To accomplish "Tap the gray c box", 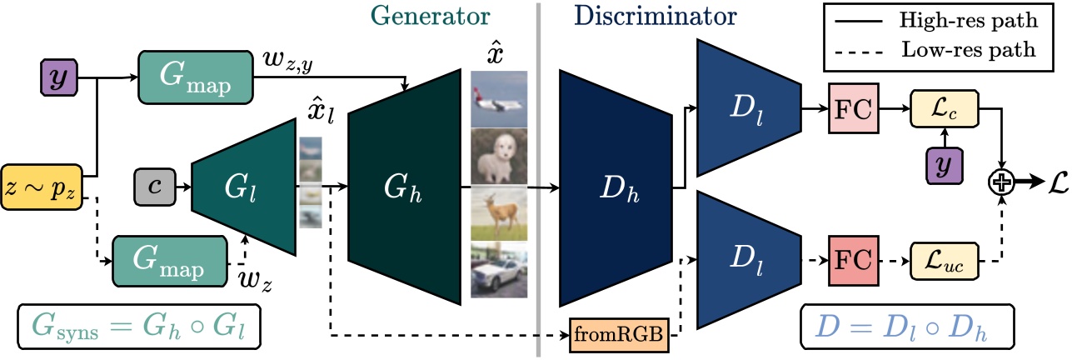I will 154,182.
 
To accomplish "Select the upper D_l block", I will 747,107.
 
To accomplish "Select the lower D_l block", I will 747,260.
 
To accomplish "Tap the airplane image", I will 499,98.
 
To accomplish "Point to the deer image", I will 499,213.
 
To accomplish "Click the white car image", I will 499,270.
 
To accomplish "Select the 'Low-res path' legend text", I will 968,50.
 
